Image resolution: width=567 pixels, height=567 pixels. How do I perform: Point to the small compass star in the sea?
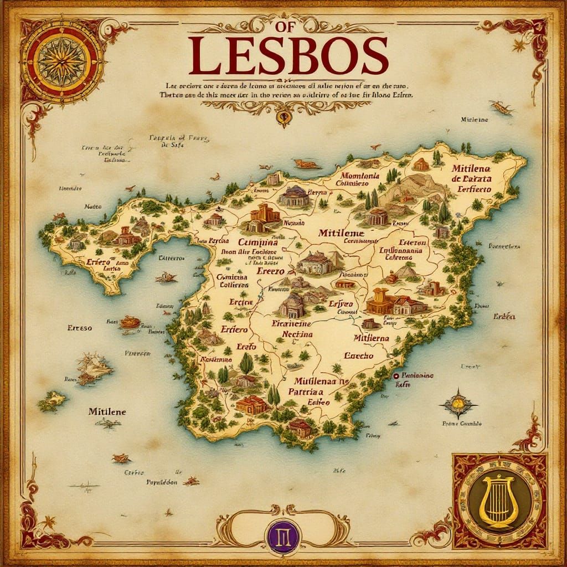[458, 404]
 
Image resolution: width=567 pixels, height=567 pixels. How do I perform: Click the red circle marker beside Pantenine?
[396, 376]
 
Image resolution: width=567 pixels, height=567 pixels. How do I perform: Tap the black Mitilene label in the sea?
[107, 412]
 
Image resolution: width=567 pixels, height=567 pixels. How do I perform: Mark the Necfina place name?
[297, 334]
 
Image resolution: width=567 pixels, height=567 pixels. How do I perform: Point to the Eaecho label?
[359, 356]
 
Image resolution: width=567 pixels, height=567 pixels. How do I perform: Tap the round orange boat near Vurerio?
[130, 322]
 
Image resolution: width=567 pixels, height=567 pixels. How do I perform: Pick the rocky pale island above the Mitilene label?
[94, 368]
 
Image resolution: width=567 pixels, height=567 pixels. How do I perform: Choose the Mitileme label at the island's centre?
[341, 233]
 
